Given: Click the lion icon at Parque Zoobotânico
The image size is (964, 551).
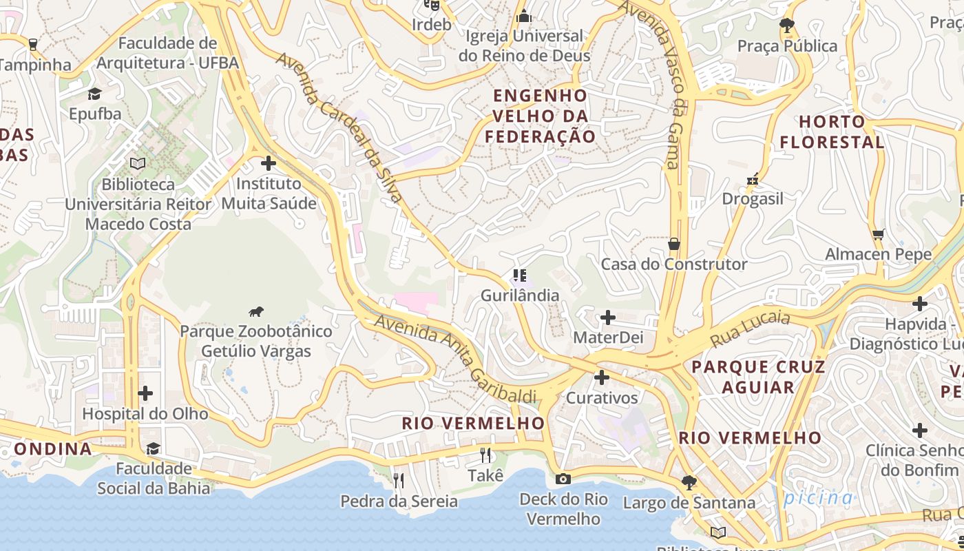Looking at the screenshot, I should pos(256,312).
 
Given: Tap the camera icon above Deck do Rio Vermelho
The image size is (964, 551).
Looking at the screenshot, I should pos(563,479).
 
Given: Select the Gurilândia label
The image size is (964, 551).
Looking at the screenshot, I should pos(520,295).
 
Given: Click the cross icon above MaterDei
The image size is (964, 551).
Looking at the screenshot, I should pos(607,318).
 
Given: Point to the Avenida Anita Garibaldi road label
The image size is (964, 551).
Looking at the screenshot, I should pos(455,360).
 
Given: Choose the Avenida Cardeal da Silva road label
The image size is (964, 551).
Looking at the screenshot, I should pos(339,127).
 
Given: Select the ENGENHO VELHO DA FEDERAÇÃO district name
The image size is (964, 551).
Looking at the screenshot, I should pos(540,116).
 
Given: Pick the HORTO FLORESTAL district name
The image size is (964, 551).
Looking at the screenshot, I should pos(832,132).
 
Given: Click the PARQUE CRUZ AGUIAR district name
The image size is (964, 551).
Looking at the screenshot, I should pos(758,377).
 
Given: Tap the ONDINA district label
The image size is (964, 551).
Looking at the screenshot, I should pos(53,449).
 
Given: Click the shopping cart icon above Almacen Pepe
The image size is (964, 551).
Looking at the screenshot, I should pos(878,235).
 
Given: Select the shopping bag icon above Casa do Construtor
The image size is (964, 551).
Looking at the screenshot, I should pos(673,245).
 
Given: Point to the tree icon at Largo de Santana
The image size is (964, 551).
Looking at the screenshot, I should pos(688,482).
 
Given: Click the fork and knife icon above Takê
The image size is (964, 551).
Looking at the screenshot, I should pos(485,455).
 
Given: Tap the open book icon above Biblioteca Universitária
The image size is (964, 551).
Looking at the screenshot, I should pos(138,164).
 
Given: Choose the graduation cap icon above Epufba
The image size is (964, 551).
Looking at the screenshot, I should pos(94,94).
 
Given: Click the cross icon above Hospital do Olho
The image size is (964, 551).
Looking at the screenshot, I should pos(145,393).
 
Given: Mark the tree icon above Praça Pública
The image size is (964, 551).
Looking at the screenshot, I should pos(787,26).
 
